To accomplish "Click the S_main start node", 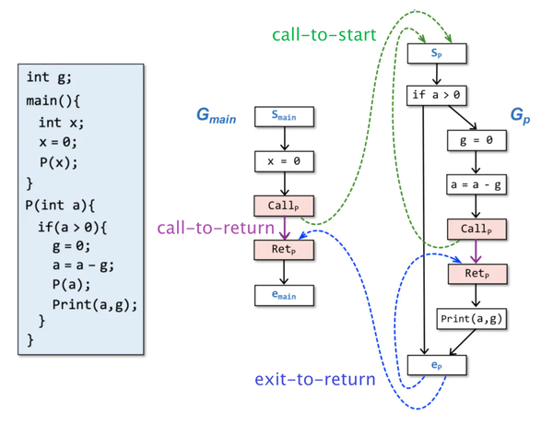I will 285,116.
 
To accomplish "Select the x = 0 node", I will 285,160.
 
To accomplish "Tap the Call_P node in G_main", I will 285,205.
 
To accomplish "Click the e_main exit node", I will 285,294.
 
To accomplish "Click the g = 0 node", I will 477,140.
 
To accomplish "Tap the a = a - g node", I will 477,184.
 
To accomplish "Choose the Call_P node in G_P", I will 477,229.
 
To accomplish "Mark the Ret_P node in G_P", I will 477,273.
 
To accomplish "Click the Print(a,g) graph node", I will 477,318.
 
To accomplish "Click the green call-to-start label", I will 323,34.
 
